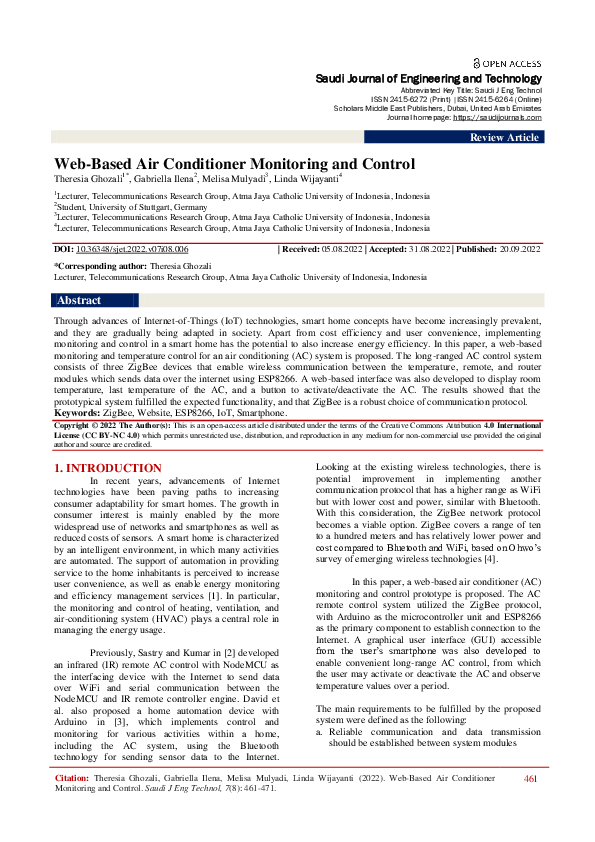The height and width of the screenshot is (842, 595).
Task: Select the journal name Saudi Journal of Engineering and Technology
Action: [429, 78]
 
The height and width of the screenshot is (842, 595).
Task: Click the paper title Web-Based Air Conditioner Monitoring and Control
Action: [233, 163]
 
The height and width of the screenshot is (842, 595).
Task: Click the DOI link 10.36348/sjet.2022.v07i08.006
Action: [134, 248]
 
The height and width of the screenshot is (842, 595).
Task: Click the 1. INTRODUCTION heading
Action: [107, 467]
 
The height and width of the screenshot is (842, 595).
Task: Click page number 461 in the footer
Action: [530, 806]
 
